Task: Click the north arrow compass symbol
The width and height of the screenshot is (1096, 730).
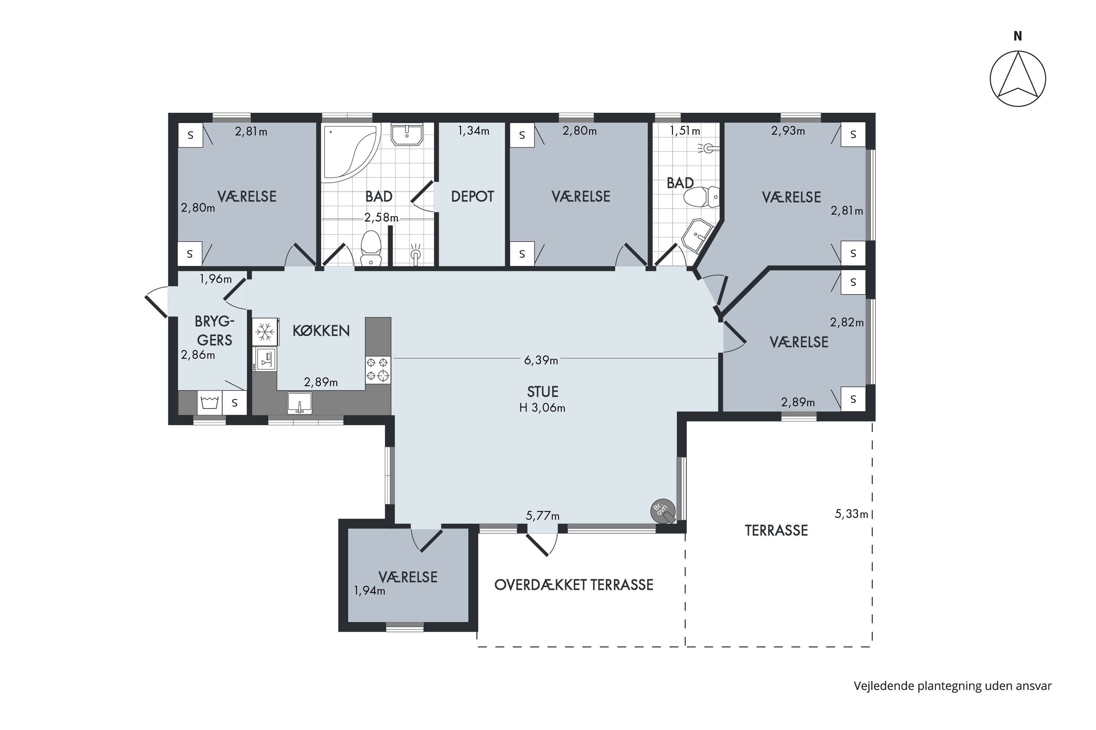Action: pos(1018,78)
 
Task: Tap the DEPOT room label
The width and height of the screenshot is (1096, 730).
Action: pos(472,196)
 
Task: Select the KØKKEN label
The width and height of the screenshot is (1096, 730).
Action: pos(321,331)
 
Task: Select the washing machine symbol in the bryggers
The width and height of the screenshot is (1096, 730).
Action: pos(210,402)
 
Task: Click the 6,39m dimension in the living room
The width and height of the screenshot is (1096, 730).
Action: pos(541,360)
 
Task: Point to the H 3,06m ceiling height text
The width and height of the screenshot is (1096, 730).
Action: pos(543,408)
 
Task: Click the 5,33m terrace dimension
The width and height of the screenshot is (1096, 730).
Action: pos(851,514)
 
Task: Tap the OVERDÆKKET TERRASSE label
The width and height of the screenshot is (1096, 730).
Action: pos(574,585)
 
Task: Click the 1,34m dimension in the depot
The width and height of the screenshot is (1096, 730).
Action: pos(473,131)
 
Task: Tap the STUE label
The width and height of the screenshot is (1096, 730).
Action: pos(543,392)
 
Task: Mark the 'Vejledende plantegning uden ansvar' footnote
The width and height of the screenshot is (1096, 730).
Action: pos(952,686)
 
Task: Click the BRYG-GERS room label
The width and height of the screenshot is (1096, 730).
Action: pos(214,331)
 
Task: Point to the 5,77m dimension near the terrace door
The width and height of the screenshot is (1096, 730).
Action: pos(543,515)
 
